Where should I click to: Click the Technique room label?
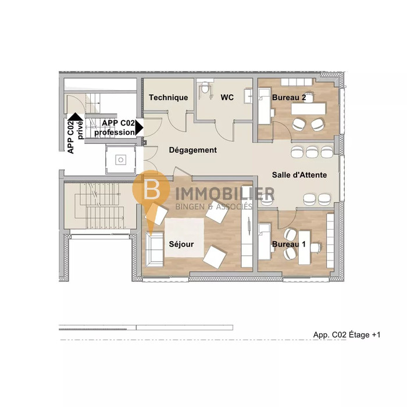168,98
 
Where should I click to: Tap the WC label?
227,97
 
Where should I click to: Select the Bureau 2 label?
289,98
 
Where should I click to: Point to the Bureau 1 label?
288,244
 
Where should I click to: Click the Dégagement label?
193,150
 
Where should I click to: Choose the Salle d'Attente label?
299,174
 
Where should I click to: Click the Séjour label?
181,244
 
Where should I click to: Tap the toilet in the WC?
205,88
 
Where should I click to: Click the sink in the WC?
248,96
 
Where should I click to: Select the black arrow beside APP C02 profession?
140,127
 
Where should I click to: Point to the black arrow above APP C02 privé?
75,117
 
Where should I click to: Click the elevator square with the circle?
120,160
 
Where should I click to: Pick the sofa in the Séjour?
154,249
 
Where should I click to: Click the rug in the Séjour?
184,237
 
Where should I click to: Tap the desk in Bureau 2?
308,109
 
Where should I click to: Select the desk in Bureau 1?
304,247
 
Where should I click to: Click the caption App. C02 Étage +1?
347,334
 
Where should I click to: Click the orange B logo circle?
151,189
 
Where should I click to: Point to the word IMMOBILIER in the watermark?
225,194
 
